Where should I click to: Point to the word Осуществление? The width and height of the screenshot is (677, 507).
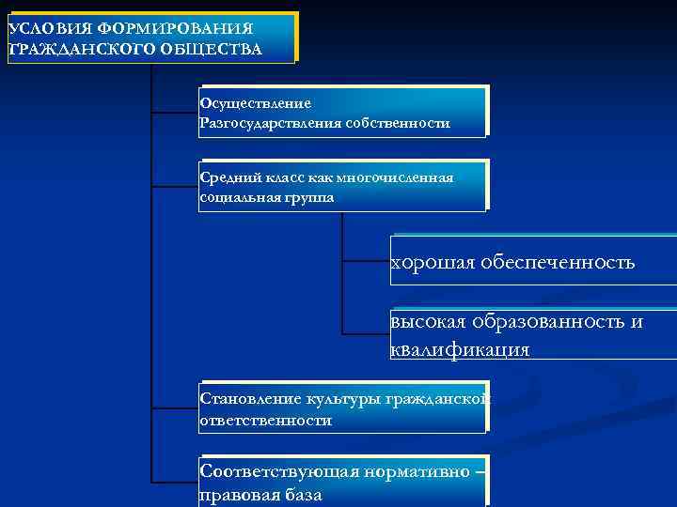[255, 102]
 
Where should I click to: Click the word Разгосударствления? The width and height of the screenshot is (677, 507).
[270, 123]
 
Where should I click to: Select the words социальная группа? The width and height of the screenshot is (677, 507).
[266, 198]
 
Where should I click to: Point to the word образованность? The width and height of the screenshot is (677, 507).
[553, 322]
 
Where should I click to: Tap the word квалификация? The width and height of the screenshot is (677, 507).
[460, 349]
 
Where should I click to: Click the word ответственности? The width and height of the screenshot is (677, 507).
[265, 421]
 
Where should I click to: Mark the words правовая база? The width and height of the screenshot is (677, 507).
[260, 495]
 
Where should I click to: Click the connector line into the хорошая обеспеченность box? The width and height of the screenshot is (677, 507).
[366, 260]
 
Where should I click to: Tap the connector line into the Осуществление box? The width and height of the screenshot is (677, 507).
[175, 113]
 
